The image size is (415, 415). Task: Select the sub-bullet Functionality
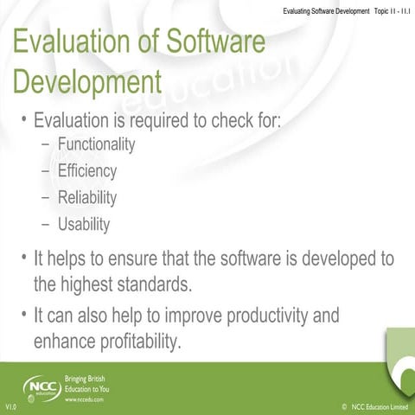click(x=97, y=144)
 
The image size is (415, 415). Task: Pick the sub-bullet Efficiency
click(x=87, y=171)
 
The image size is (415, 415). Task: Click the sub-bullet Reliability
click(x=87, y=198)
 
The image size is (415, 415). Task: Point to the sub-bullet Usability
click(x=84, y=225)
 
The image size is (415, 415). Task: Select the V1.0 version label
click(x=11, y=406)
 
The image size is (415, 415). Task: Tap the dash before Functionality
click(x=46, y=145)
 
